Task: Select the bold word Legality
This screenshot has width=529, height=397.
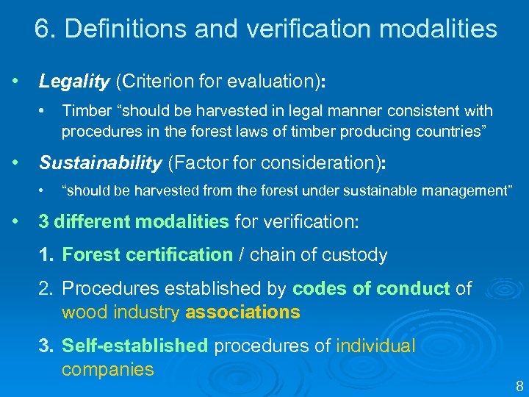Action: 74,82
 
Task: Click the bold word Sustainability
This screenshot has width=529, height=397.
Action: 100,162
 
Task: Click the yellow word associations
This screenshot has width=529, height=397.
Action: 242,312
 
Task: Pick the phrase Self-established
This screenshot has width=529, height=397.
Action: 135,346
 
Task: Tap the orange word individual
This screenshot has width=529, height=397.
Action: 375,346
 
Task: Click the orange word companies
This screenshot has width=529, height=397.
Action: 108,369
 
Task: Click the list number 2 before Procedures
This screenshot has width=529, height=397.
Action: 46,289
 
